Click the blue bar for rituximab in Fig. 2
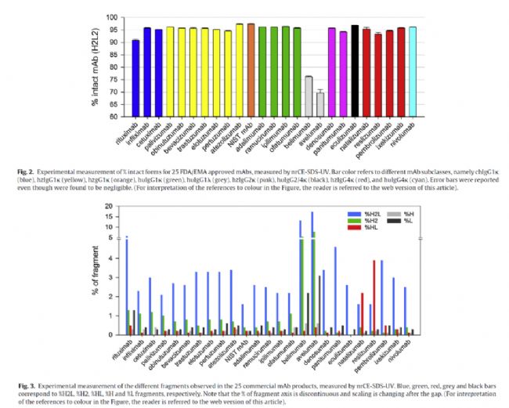coord(135,78)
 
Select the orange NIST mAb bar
coord(251,70)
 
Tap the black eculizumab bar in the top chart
coord(355,71)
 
